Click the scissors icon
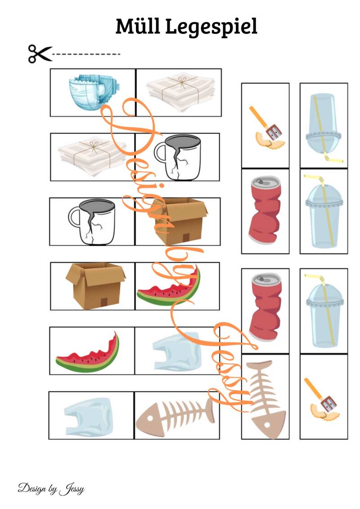(40, 54)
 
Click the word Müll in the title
(138, 26)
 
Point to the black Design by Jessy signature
(51, 489)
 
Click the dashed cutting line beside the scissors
(86, 54)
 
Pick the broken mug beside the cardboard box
(91, 222)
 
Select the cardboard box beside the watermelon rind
(95, 285)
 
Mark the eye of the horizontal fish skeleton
(150, 417)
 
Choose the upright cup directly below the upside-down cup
(324, 212)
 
